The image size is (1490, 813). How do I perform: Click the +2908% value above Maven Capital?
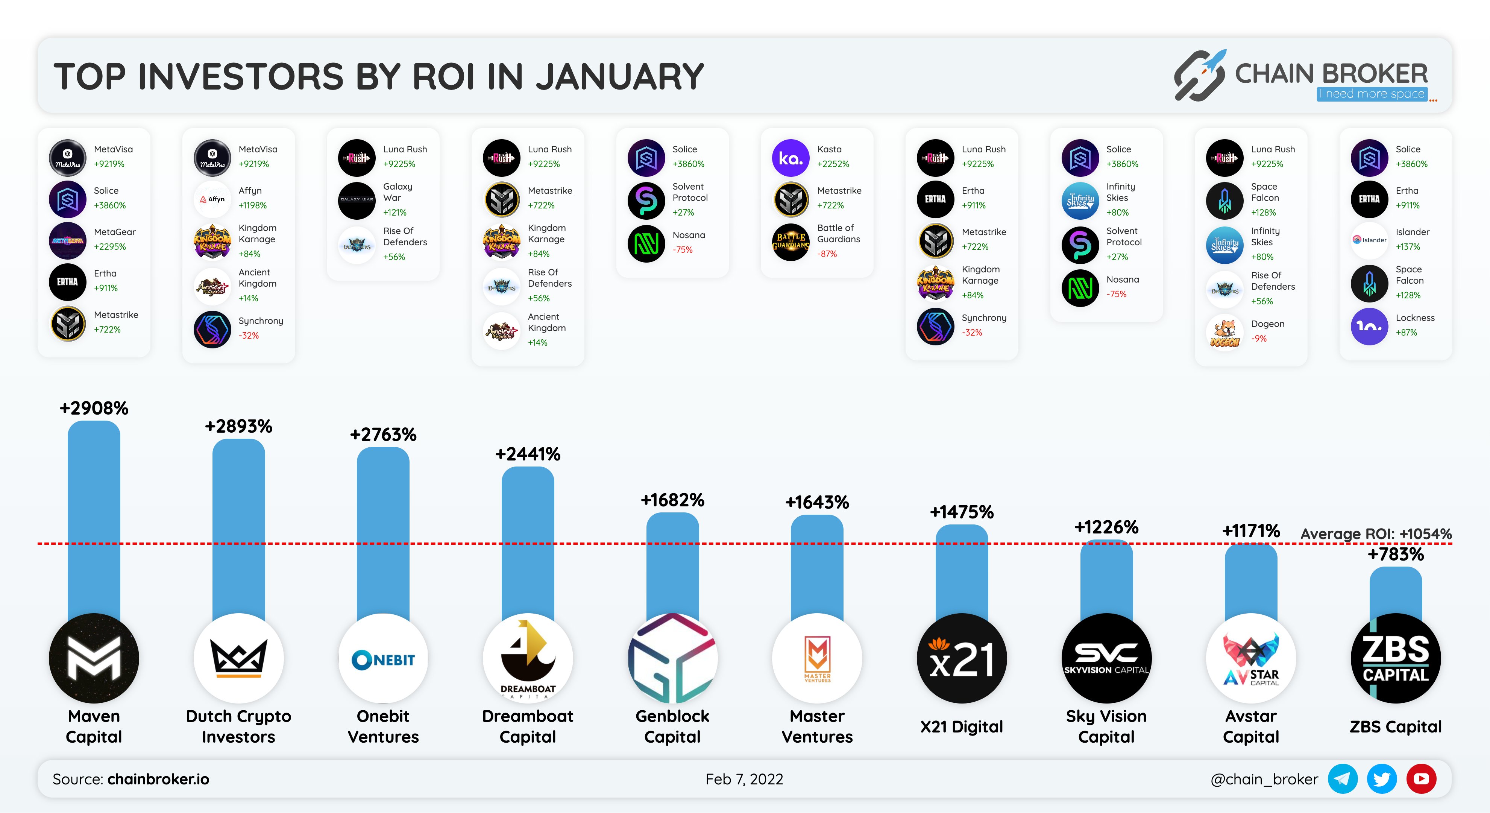94,408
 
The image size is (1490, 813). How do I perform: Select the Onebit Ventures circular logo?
383,658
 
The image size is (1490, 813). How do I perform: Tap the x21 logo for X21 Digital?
961,658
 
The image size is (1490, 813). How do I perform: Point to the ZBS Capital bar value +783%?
1395,554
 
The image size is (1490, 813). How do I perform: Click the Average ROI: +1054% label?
1375,533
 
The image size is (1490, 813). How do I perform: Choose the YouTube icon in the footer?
1421,779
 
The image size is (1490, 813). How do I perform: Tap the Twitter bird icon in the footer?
1381,779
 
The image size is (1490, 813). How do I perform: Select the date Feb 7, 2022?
744,779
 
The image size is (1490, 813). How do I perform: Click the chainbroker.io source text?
158,779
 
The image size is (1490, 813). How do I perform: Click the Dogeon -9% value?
1259,339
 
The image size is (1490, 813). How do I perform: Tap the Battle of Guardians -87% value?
827,254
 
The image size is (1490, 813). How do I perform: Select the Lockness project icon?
1369,326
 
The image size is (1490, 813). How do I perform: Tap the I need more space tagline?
1372,94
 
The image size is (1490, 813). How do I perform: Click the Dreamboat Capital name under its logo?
528,726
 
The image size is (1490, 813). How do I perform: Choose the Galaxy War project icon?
357,200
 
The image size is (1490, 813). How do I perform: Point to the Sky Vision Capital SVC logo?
1106,658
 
